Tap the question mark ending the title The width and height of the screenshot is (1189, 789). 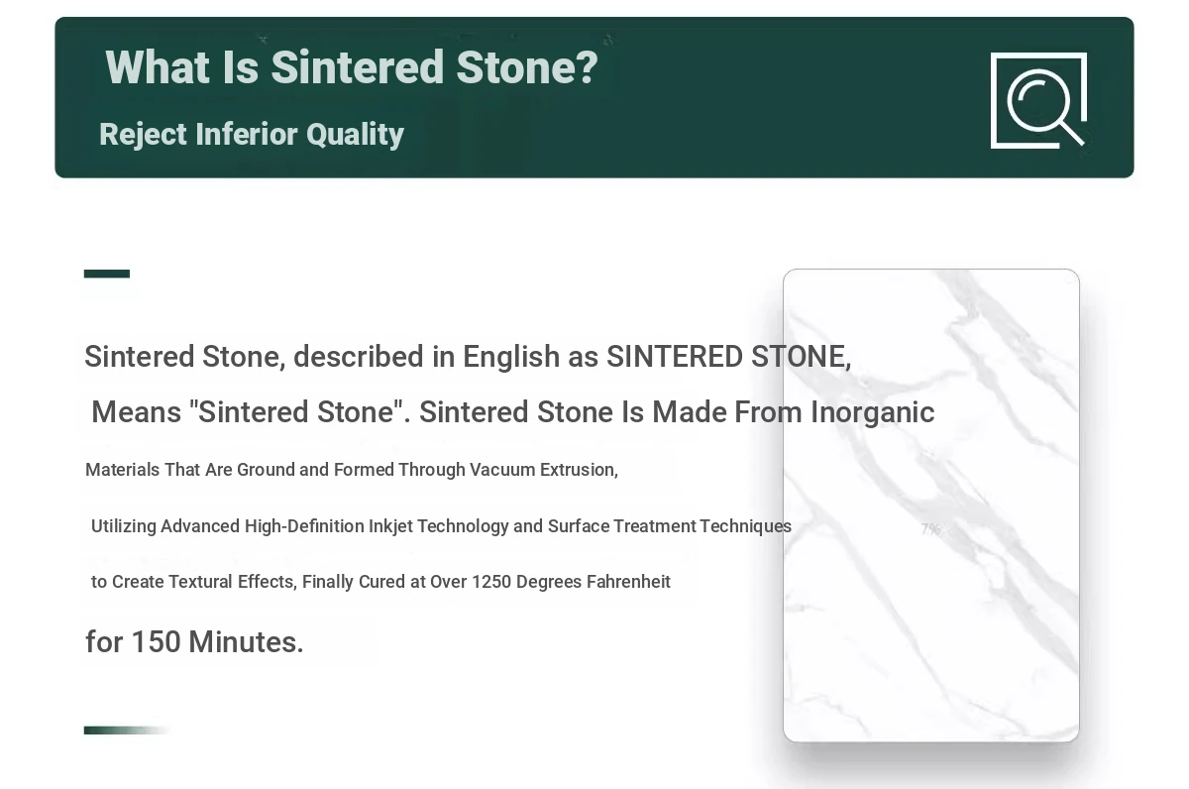tap(588, 67)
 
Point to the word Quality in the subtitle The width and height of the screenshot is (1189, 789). tap(355, 135)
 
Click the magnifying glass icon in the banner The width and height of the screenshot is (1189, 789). tap(1038, 101)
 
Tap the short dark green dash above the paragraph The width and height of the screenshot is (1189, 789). tap(107, 274)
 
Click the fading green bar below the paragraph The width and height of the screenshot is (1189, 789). tap(128, 731)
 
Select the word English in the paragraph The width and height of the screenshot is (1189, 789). tap(511, 357)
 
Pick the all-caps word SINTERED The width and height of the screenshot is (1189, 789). tap(674, 356)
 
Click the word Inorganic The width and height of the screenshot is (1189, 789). tap(873, 413)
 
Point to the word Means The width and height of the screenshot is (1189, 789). tap(137, 412)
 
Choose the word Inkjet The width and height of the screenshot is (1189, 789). tap(390, 526)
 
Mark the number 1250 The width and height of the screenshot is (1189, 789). tap(491, 582)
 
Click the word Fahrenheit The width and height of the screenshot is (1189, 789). tap(628, 582)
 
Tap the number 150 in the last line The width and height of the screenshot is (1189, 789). tap(157, 642)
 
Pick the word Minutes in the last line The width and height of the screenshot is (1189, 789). tap(246, 642)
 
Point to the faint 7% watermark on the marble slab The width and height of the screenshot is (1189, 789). tap(930, 529)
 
